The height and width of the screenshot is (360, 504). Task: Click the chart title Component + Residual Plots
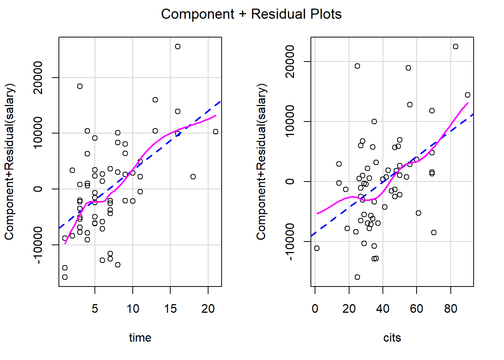click(251, 14)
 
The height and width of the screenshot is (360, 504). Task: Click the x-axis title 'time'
click(140, 337)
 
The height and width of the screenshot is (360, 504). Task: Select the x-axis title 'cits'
click(392, 337)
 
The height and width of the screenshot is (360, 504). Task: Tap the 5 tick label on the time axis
click(95, 309)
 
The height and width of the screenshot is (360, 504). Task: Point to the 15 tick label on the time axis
click(170, 309)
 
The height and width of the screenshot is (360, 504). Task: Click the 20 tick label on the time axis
click(208, 309)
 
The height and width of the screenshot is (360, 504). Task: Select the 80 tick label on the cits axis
click(450, 309)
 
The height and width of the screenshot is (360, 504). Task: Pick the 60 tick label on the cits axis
click(417, 309)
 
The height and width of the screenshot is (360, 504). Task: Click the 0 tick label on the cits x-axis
click(315, 309)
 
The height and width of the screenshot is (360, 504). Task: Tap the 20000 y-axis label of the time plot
click(38, 78)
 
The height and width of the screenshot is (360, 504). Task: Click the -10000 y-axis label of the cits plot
click(290, 241)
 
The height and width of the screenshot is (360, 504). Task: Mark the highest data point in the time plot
click(178, 46)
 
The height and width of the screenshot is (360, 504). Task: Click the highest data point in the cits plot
click(456, 46)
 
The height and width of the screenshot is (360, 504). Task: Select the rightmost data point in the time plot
click(216, 132)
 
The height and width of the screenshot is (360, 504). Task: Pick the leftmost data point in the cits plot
click(317, 248)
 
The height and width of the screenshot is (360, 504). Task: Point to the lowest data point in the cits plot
click(357, 277)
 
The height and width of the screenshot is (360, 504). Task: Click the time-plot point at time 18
click(193, 177)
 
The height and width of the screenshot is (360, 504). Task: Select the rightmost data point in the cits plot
click(468, 95)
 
